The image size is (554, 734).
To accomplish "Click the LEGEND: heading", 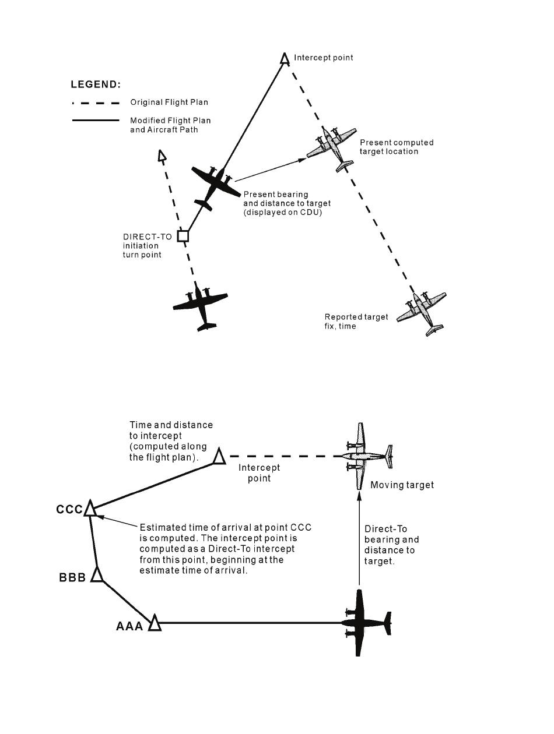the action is pos(96,84).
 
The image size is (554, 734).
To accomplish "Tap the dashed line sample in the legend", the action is pos(96,103).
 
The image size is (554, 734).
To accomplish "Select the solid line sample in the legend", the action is pos(96,120).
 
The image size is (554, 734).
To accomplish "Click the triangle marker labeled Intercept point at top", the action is pos(285,59).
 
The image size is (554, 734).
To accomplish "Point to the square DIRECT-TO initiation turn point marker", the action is pos(183,236).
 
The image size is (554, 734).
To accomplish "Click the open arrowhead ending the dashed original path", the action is pos(162,156).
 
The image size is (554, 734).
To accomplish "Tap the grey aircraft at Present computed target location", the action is pos(331,148).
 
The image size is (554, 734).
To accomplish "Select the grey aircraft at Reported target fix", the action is pos(422,313).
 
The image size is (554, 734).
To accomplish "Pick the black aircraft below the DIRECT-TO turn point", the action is pos(201,306).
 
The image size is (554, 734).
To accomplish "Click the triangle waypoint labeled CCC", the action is pos(89,509).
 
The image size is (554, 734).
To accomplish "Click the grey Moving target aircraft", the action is pos(367,456).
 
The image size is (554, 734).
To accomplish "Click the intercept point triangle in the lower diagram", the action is pos(219,457).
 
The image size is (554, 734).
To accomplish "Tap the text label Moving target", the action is pos(402,485).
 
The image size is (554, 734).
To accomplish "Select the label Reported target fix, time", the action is pos(356,322).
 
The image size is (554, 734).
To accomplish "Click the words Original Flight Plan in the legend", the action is pos(169,103).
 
